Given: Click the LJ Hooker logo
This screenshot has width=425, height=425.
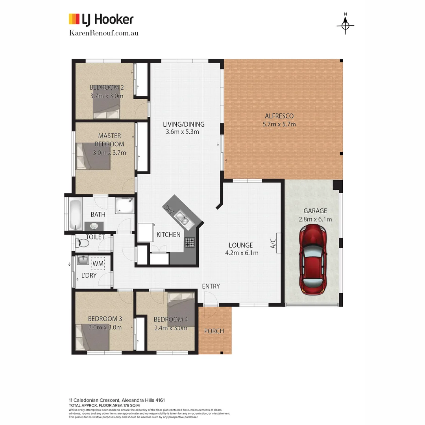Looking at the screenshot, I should [x=101, y=19].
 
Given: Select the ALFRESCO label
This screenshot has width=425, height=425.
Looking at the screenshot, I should [x=279, y=116].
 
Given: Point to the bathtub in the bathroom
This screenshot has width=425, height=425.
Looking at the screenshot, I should [x=75, y=215].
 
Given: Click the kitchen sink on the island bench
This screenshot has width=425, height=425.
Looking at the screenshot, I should [x=182, y=217].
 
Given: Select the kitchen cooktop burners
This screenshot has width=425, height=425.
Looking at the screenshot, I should [x=190, y=243].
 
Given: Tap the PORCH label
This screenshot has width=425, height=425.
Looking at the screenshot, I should [x=214, y=331].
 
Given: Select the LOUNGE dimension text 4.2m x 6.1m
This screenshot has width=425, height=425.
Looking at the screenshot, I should [x=242, y=253].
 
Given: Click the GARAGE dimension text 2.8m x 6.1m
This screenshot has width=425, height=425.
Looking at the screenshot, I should [x=315, y=219].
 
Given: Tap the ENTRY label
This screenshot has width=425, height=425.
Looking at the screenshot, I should [x=211, y=286].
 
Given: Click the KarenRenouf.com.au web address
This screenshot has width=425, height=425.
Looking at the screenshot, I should [x=103, y=33].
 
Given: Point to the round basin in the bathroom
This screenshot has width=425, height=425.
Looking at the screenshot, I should [x=94, y=226].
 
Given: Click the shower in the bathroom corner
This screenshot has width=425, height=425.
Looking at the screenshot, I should [x=125, y=205].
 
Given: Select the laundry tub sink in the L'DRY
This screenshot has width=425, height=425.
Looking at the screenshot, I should [x=83, y=260].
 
